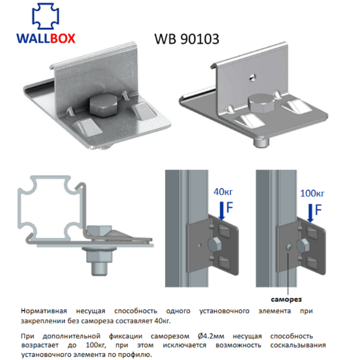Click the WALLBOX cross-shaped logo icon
coord(46,18)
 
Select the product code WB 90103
coord(186,39)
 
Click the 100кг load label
coord(312,193)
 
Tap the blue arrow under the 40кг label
coord(221,210)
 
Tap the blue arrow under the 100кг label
coord(309,212)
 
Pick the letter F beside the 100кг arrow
coord(318,210)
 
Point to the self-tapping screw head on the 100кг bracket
coord(289,246)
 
